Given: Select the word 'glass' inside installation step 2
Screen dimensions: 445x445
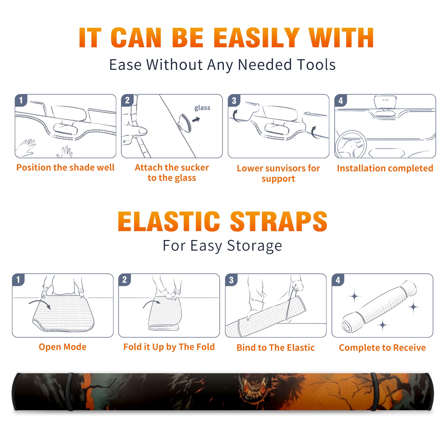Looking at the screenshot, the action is click(x=202, y=108).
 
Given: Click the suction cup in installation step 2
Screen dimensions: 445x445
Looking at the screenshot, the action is click(x=185, y=123).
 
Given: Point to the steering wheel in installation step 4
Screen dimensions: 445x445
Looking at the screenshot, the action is click(x=351, y=144).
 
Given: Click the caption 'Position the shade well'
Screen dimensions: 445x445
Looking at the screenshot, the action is click(x=65, y=167).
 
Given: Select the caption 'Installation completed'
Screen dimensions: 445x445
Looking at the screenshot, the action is click(x=385, y=168).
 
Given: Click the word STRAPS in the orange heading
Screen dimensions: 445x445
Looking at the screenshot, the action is click(x=279, y=221).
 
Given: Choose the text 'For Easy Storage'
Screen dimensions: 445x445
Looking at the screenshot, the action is click(x=222, y=246).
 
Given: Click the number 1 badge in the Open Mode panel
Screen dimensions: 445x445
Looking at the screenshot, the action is click(x=18, y=280).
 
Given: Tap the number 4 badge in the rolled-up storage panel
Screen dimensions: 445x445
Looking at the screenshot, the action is click(x=338, y=280).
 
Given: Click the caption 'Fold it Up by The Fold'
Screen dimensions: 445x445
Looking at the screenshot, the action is click(x=169, y=347).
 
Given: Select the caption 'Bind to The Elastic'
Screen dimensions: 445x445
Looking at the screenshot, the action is click(x=276, y=348).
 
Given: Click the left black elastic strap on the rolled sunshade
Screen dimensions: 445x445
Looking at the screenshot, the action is click(x=70, y=392).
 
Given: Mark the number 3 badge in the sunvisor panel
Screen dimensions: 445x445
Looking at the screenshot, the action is click(x=234, y=100).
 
